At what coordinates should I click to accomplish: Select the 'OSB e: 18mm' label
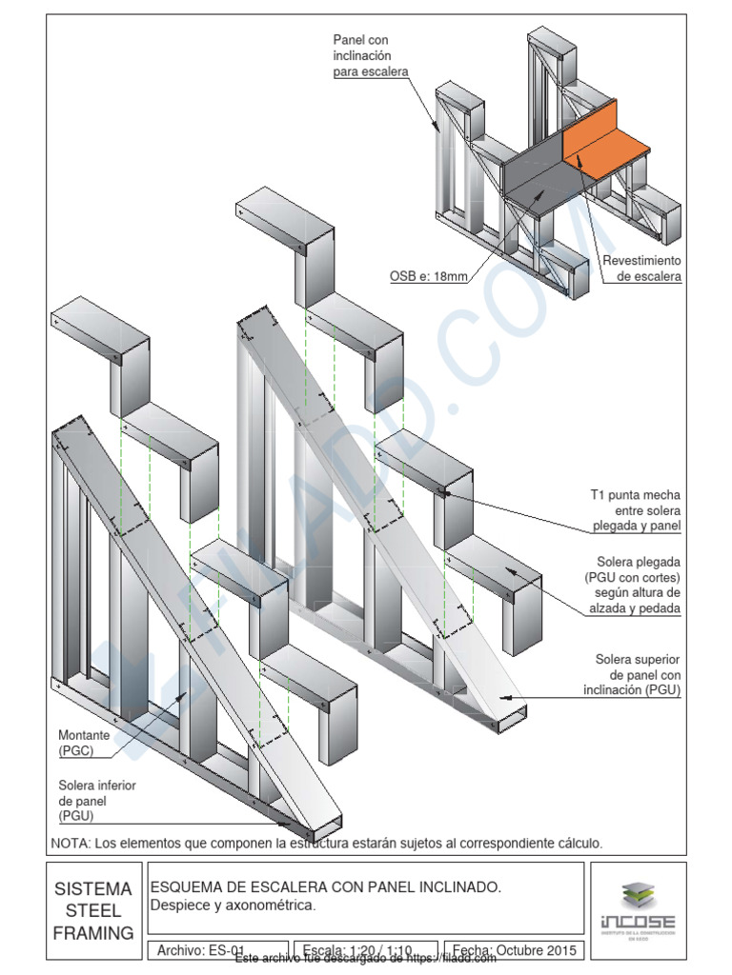point(428,277)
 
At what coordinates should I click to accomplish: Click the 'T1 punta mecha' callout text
point(636,510)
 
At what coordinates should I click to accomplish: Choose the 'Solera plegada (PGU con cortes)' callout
point(633,585)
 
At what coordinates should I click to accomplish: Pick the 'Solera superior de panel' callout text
point(637,674)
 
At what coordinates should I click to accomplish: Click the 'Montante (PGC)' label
point(83,744)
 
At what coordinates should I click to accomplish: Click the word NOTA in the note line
point(70,843)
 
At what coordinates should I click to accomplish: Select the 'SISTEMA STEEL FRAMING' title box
point(93,911)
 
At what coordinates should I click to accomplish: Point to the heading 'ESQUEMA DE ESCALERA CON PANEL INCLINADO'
point(325,887)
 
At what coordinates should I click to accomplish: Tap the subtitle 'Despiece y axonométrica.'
point(233,905)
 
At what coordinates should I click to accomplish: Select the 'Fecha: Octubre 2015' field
point(514,949)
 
